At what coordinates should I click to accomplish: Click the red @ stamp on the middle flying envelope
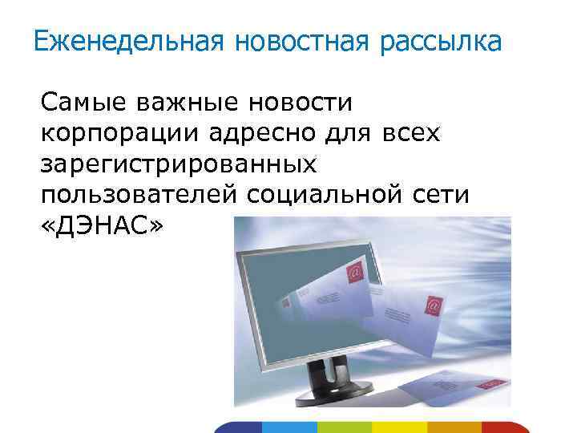click(434, 306)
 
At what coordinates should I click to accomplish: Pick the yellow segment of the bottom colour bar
click(401, 427)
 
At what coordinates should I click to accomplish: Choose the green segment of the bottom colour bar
click(345, 427)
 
